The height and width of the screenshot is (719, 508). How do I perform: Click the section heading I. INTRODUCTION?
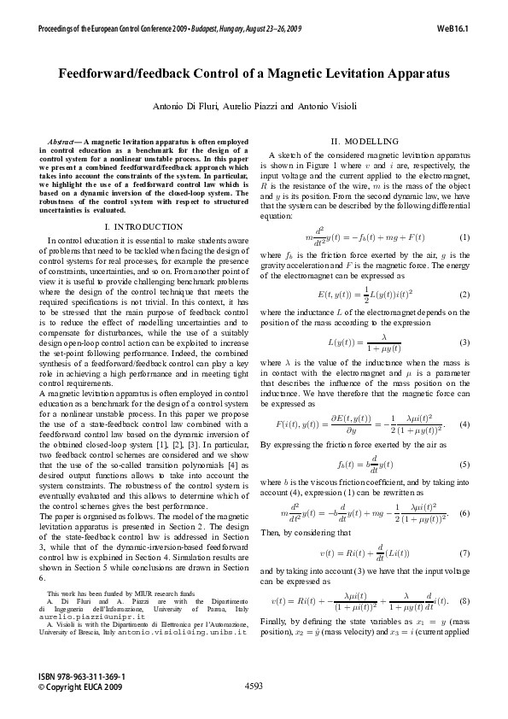(x=142, y=226)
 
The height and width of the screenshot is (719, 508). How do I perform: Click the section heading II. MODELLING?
(x=364, y=141)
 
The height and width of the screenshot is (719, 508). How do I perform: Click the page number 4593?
(x=254, y=685)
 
